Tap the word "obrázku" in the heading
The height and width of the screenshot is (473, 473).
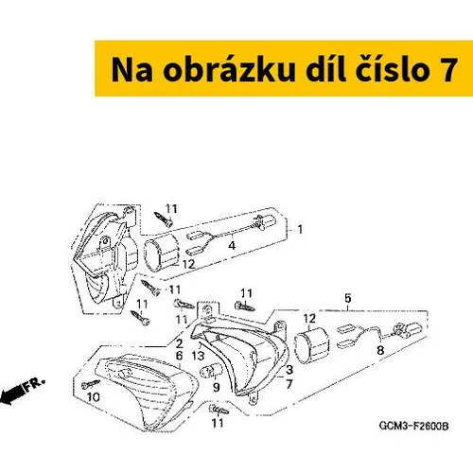click(229, 69)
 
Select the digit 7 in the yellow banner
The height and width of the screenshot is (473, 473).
click(447, 70)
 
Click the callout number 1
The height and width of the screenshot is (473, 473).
click(300, 229)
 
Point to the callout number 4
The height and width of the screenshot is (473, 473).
click(232, 245)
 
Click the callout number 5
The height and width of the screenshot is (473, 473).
click(347, 298)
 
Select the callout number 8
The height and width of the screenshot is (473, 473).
click(380, 350)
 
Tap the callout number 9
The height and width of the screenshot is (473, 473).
click(216, 387)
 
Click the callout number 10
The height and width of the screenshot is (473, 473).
click(94, 397)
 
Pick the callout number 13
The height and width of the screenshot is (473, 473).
click(198, 356)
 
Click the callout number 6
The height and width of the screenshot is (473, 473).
click(179, 356)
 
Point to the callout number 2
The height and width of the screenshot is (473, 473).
click(180, 343)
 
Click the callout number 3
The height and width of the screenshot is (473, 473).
click(289, 370)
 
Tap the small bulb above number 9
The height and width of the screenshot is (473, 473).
click(211, 370)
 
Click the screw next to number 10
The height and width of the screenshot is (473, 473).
click(91, 384)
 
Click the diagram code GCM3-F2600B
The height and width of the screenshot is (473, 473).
click(413, 426)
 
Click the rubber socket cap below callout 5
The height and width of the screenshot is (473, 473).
click(311, 343)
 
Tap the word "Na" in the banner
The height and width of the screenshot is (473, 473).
click(132, 70)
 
